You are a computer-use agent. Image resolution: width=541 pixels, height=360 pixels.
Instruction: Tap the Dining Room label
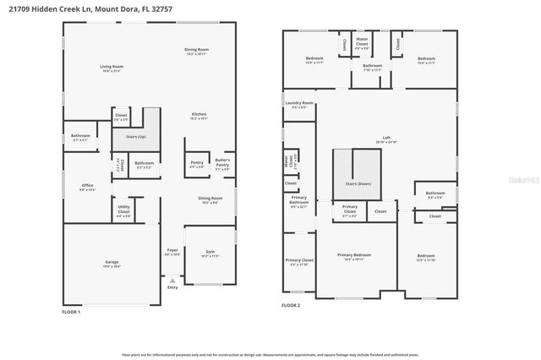tap(197, 51)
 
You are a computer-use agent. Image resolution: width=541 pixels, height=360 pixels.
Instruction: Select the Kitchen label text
tap(199, 116)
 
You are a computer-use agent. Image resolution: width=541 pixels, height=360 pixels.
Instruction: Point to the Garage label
tap(112, 264)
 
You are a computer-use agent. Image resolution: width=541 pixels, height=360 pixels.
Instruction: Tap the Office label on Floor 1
tap(87, 187)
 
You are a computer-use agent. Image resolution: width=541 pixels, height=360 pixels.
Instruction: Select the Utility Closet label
tap(123, 211)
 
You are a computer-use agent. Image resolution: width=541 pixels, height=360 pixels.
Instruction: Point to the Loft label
tap(386, 139)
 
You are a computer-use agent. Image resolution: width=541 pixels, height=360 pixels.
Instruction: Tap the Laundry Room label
tap(300, 105)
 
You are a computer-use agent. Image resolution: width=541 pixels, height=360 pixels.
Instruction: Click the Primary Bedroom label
tap(354, 256)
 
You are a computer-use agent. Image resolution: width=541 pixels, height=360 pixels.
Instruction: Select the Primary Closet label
tap(299, 262)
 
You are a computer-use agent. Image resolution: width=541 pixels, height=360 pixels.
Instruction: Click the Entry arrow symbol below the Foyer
tap(172, 280)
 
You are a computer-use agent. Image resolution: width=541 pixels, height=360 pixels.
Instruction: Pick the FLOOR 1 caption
tap(71, 312)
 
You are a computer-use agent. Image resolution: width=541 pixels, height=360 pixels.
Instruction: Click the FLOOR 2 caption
tap(291, 305)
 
